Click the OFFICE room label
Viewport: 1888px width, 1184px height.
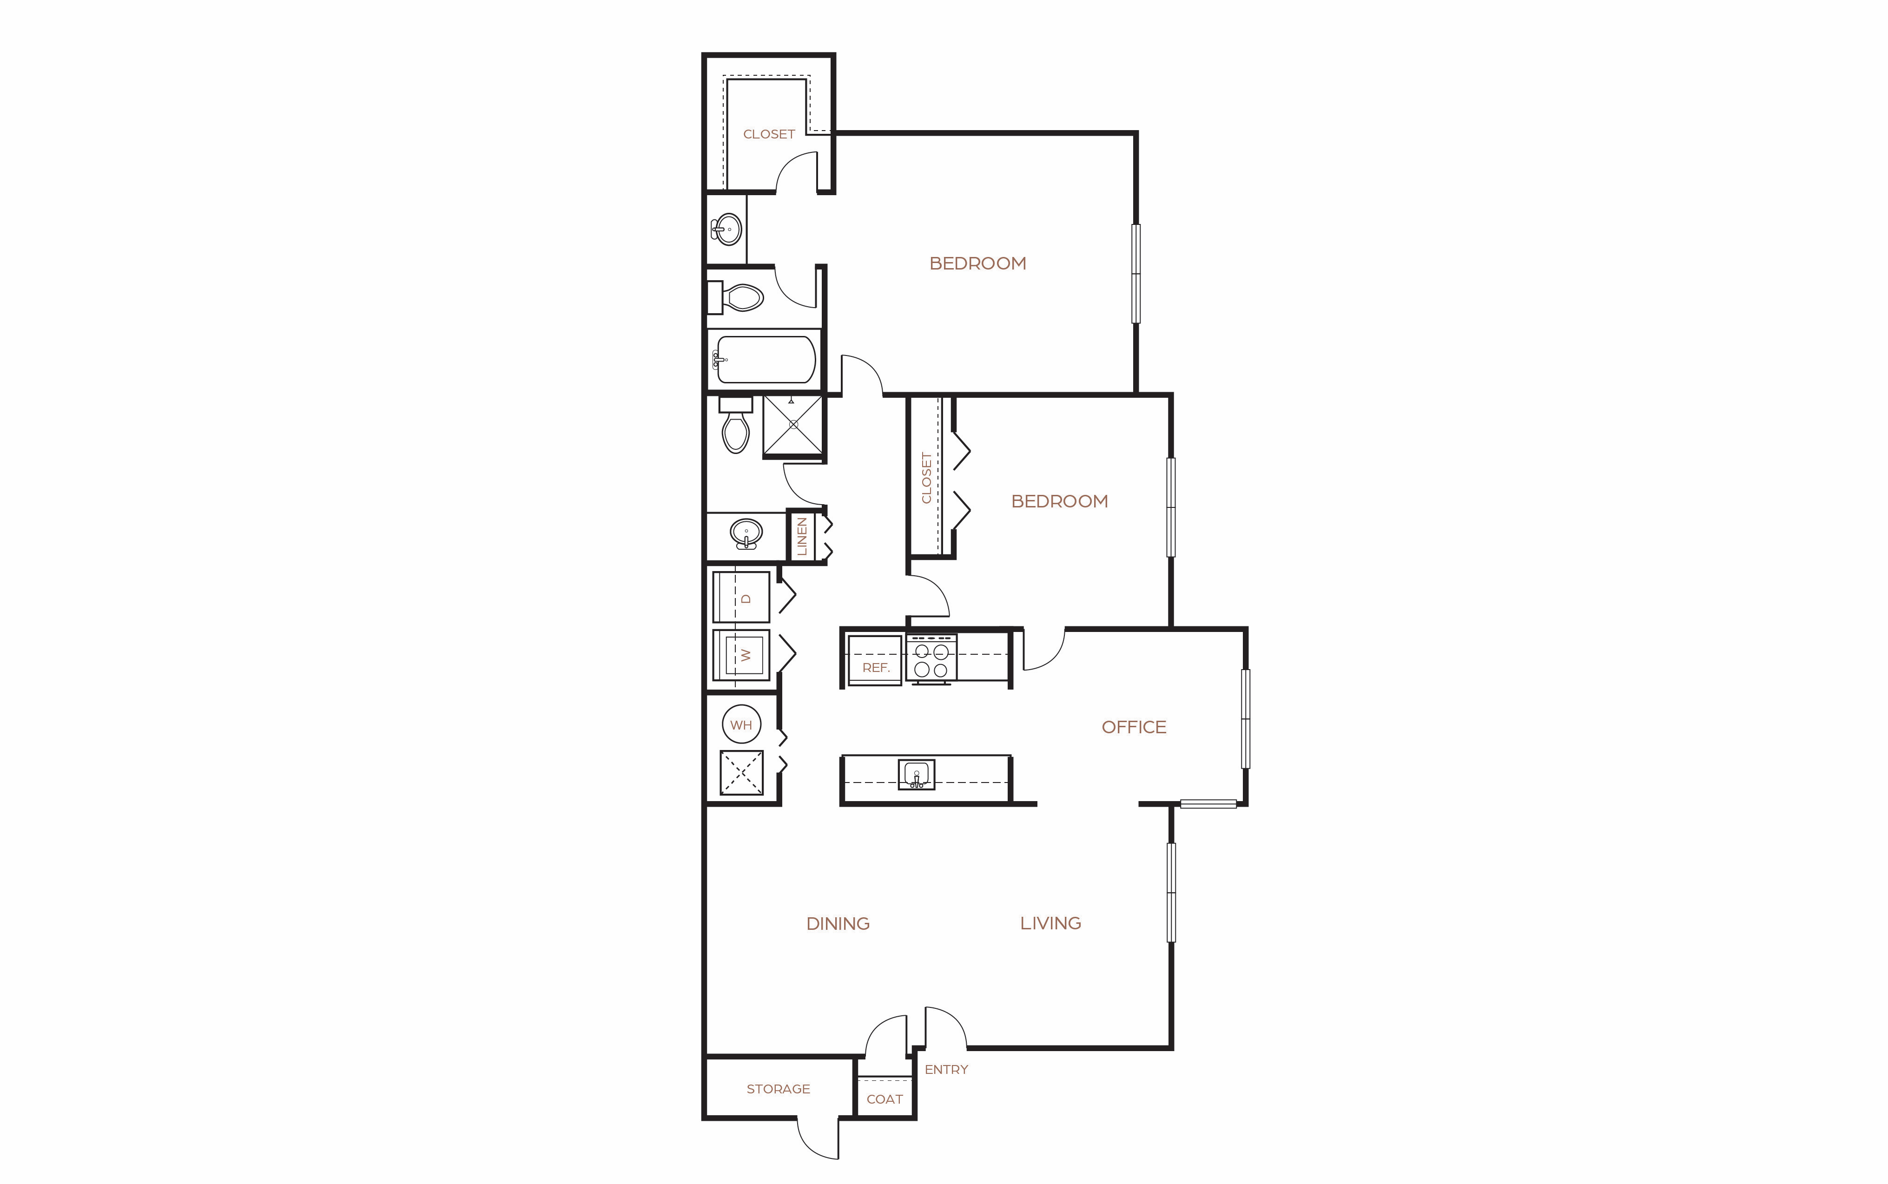(1134, 728)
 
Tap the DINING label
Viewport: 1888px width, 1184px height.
(838, 924)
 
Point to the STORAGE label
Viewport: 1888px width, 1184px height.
(779, 1089)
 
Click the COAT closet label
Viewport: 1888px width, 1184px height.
(885, 1099)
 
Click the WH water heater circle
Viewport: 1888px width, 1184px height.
(741, 725)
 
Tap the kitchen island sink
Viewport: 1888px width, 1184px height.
(916, 775)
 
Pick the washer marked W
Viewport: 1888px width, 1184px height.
(741, 655)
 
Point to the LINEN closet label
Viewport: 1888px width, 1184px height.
(802, 536)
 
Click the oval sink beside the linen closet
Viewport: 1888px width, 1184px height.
(746, 534)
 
